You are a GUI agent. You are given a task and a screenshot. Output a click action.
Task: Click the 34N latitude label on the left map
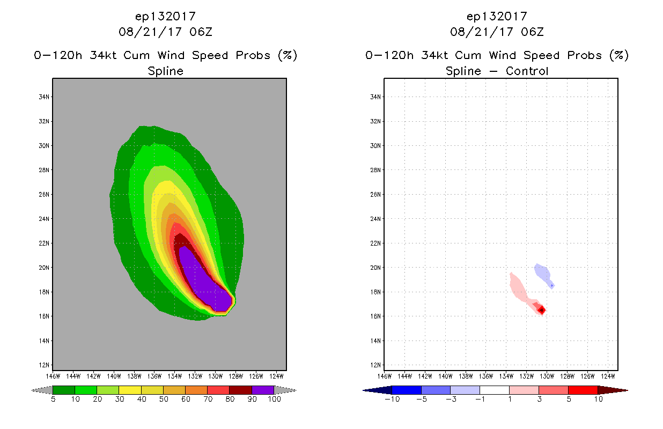coord(44,97)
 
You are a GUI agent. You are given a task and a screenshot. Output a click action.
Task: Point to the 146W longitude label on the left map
coord(52,376)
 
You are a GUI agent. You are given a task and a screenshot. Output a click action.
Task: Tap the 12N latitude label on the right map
coord(375,365)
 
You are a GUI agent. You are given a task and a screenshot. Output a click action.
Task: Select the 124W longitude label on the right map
coord(608,376)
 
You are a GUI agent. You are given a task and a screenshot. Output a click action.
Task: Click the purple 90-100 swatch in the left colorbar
coord(263,390)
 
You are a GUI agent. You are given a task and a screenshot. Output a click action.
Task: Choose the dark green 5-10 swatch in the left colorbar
coord(64,390)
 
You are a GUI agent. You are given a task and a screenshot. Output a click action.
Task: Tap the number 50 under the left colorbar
coord(163,399)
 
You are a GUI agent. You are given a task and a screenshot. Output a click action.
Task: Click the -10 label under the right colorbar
coord(392,399)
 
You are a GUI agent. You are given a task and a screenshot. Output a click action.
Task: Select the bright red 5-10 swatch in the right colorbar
coord(583,390)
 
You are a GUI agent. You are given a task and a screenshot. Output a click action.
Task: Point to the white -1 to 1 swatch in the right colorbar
coord(494,390)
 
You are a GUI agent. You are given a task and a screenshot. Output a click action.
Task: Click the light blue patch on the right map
coord(543,273)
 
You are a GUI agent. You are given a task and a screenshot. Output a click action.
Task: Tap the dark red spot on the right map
coord(542,310)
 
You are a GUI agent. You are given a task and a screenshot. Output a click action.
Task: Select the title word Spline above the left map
coord(165,71)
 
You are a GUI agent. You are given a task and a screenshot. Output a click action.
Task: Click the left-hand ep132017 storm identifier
coord(165,17)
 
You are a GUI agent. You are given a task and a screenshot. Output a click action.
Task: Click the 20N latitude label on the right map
coord(375,268)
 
